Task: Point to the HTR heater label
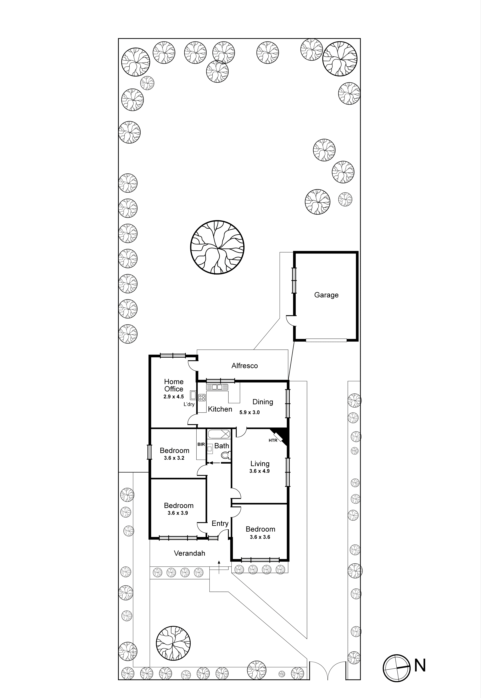coord(273,440)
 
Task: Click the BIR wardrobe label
coord(201,444)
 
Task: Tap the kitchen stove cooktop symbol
coord(202,397)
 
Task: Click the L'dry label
coord(189,404)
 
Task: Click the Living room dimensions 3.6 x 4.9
coord(259,471)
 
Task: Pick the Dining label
coord(263,402)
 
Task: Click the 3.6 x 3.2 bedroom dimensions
coord(174,458)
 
